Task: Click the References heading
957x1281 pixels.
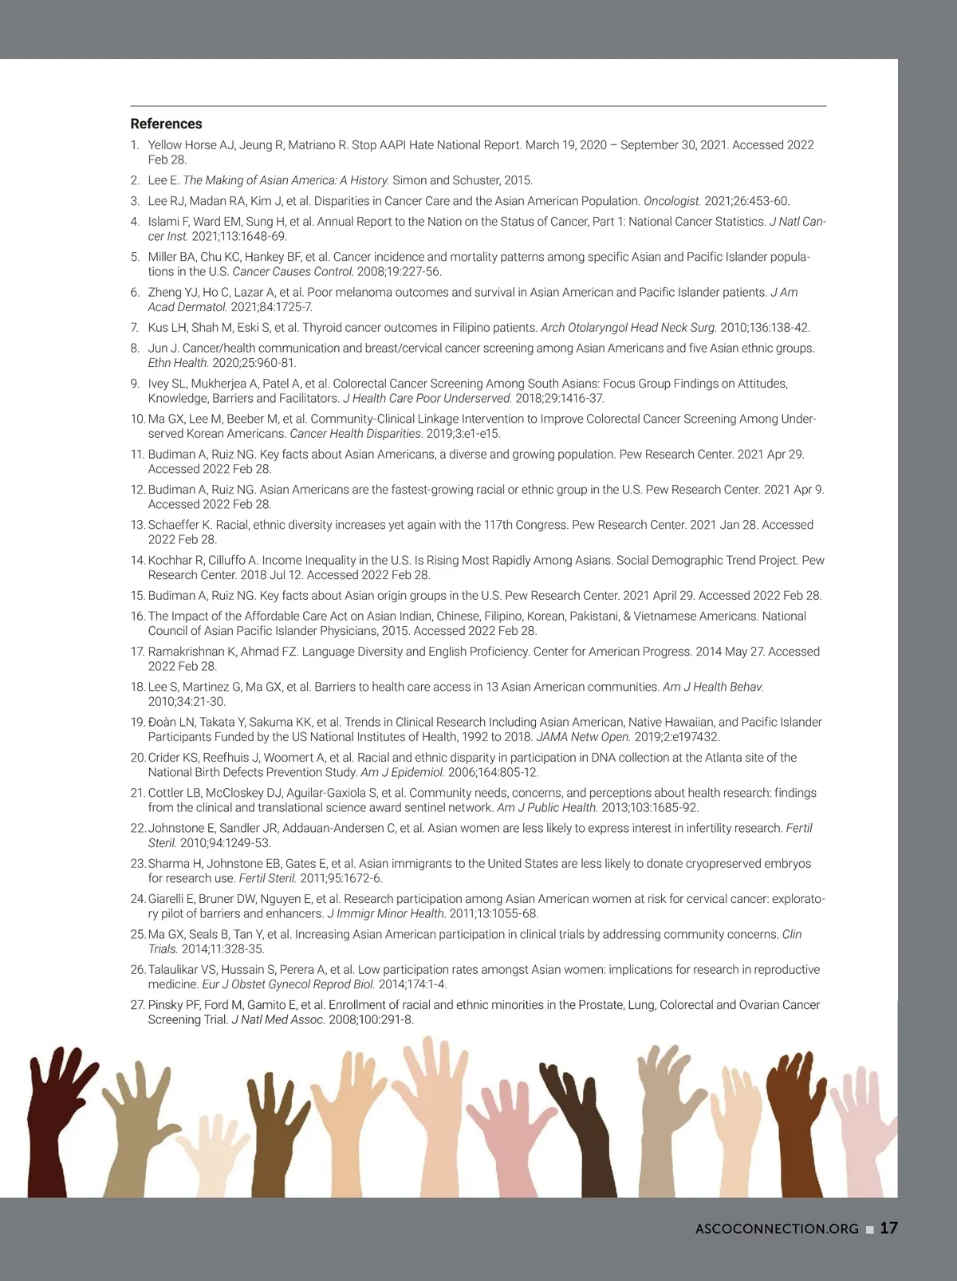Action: tap(166, 124)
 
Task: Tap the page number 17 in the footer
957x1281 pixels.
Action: tap(888, 1228)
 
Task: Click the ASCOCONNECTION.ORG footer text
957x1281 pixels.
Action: tap(777, 1229)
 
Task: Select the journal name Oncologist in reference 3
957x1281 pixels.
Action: tap(671, 201)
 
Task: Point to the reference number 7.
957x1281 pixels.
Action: tap(136, 328)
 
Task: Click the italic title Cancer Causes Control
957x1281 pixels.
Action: tap(293, 272)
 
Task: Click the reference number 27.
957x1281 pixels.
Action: tap(137, 1006)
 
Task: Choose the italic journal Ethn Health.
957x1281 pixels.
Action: tap(178, 363)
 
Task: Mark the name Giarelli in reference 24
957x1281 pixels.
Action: tap(168, 899)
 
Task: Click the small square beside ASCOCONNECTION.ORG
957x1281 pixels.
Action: tap(869, 1229)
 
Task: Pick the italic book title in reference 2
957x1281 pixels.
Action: tap(286, 180)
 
